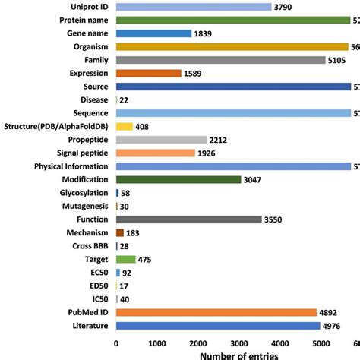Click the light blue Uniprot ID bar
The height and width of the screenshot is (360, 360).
193,7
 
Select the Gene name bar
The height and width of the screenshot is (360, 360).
153,33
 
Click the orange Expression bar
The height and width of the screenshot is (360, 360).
148,73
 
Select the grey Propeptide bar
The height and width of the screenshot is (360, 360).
161,140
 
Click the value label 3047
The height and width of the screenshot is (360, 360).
254,179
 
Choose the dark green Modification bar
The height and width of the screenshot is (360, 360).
178,179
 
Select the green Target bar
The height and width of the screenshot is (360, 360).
125,259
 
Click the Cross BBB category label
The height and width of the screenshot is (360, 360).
90,246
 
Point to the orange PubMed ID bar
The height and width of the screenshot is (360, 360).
216,312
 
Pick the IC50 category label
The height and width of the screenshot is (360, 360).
98,299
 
